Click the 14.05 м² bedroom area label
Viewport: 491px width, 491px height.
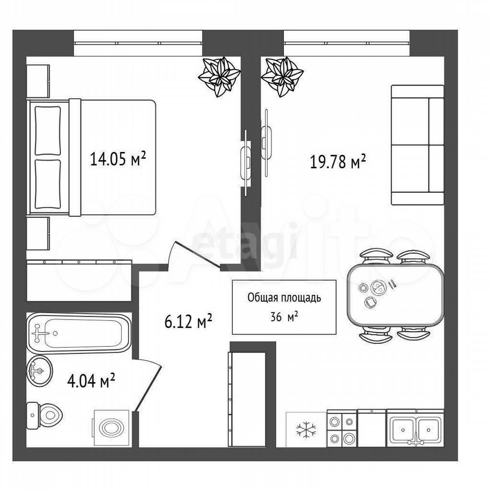pos(118,159)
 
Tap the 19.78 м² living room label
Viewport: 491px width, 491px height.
pos(338,162)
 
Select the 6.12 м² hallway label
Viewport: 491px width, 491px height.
pos(189,321)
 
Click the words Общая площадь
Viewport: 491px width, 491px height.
pos(284,298)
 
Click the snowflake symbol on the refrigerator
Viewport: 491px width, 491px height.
pos(306,429)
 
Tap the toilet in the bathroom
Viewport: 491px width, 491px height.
pos(44,415)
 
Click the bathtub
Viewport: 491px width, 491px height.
pos(79,333)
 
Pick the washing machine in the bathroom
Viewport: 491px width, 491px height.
pos(111,428)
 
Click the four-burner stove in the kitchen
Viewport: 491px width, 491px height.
pos(342,429)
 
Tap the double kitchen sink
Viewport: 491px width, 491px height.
pos(415,428)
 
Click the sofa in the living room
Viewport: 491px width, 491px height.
pos(418,145)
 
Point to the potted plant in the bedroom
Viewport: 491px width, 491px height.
pos(220,76)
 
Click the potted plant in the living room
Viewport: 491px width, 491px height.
pos(282,77)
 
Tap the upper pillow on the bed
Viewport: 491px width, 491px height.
pos(48,130)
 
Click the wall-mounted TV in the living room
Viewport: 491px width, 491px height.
pos(266,143)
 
